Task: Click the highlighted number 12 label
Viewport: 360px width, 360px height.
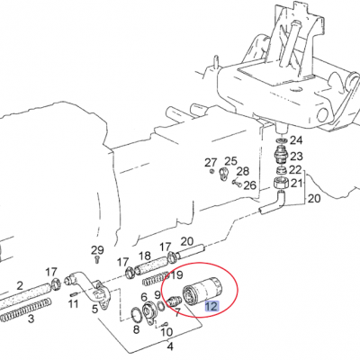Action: coord(211,307)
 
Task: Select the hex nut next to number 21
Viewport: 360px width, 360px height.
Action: coord(281,183)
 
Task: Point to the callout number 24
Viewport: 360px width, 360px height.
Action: coord(296,140)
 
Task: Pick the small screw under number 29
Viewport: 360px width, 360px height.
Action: coord(97,259)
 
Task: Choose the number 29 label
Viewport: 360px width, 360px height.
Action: coord(97,249)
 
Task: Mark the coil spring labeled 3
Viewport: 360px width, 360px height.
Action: coord(25,308)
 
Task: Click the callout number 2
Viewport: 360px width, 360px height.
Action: coord(20,285)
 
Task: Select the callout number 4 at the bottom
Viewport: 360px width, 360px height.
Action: coord(170,346)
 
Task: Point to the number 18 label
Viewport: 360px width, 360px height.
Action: coord(145,256)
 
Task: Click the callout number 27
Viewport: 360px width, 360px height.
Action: coord(211,163)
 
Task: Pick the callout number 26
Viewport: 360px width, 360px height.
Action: coord(249,185)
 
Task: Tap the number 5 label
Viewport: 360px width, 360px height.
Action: coord(95,309)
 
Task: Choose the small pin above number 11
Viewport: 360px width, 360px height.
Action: coord(75,293)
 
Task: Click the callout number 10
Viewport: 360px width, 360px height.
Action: coord(166,332)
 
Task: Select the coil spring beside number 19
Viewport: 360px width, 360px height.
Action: coord(157,279)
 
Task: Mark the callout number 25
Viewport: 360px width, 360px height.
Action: coord(230,161)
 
